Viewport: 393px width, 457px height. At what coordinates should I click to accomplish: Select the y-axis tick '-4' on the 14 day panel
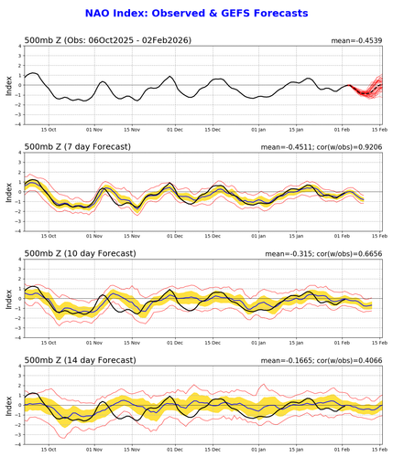coord(18,442)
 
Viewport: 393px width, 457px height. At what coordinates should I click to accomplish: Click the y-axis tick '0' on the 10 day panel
coord(20,298)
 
